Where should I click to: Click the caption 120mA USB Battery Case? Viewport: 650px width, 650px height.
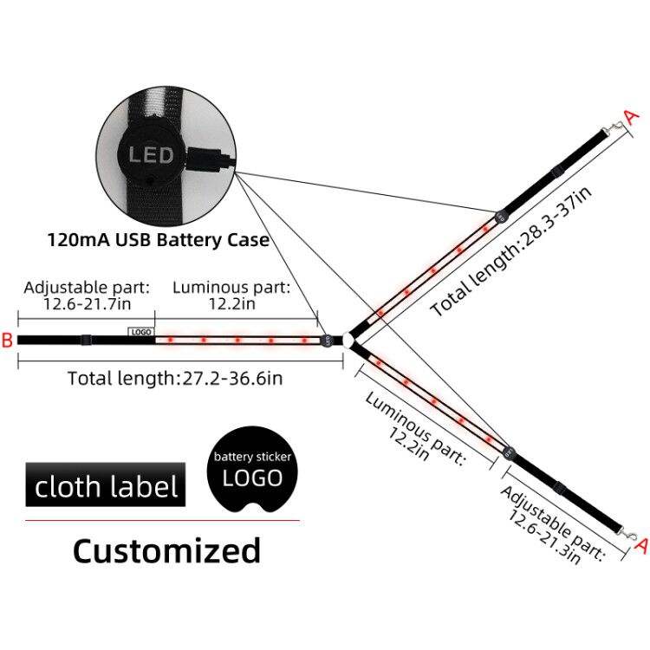pos(159,240)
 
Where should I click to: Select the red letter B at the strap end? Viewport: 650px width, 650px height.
pos(8,340)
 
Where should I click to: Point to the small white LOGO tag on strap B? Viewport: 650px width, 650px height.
pos(141,332)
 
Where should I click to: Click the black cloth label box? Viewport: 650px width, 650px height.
pos(106,484)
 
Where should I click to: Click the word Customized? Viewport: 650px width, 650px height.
pos(166,550)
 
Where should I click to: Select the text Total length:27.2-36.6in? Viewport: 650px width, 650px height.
pos(175,378)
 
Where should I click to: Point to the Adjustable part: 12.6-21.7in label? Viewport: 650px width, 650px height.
pos(87,296)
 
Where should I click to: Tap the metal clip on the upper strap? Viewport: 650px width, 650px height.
pos(614,127)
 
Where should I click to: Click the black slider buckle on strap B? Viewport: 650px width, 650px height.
pos(86,340)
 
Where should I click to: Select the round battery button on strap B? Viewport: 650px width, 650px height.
pos(326,341)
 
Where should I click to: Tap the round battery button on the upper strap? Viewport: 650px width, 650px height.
pos(502,217)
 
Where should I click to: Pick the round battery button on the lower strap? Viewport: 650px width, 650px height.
pos(508,452)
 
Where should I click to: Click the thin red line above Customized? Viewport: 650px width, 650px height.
pos(163,520)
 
